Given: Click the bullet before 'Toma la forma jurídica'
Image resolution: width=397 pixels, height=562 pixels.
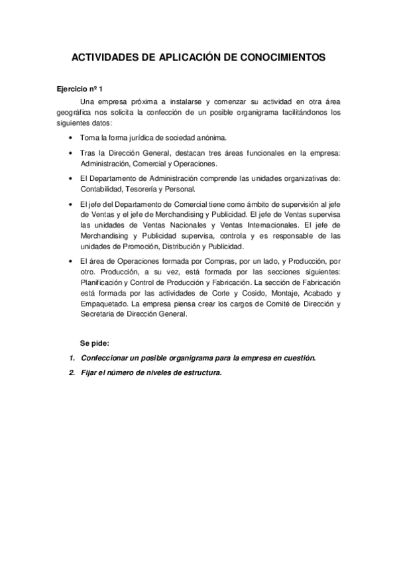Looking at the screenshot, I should pos(71,138).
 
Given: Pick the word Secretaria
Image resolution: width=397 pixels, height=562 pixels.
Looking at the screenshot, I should pos(99,315).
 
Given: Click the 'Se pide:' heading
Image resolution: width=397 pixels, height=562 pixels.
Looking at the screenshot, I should pos(94,343).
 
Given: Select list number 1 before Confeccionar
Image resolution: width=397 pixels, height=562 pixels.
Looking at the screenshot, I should pos(72,358).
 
